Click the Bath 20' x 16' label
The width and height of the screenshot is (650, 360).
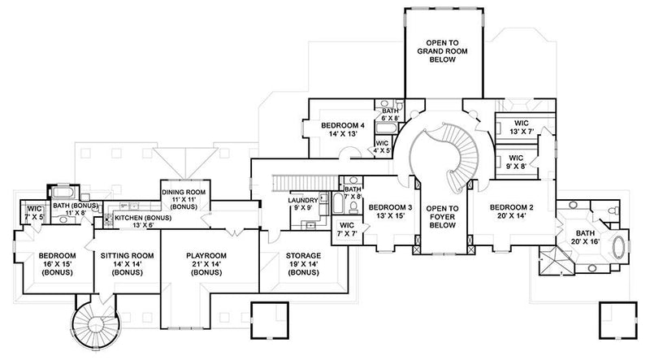[583, 236]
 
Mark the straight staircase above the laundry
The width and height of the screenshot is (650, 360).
[301, 181]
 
